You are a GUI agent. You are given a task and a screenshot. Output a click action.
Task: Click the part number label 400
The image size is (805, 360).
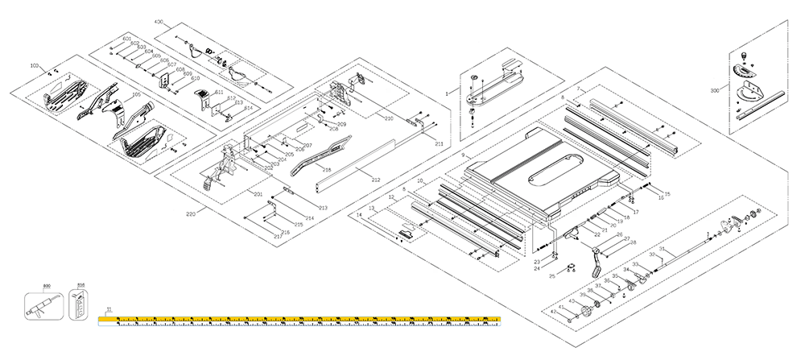158,21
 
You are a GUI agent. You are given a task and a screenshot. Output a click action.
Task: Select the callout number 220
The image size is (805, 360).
191,214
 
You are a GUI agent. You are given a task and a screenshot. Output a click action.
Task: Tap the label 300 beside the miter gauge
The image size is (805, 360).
715,91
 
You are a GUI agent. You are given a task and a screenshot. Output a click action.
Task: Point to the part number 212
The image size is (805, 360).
375,178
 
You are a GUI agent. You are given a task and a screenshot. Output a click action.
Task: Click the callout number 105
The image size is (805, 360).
136,96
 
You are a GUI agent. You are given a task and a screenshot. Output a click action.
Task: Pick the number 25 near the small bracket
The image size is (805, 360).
552,276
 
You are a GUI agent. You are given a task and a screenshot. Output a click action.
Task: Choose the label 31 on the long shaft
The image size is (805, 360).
662,250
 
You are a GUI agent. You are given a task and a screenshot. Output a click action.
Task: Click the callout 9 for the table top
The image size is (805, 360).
464,154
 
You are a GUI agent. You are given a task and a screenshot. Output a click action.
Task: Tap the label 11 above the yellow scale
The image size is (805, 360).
109,309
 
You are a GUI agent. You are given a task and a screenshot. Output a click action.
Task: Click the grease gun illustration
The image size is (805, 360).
42,304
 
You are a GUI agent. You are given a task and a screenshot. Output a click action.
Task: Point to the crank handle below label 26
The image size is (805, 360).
598,263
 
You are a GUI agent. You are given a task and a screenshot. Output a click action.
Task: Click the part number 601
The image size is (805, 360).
127,39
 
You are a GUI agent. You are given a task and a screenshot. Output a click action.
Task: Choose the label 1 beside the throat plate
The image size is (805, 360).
447,93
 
